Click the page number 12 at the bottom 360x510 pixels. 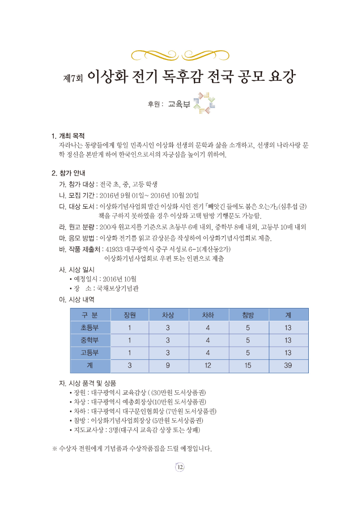click(180, 467)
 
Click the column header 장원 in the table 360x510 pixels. click(129, 315)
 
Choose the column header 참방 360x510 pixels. click(248, 315)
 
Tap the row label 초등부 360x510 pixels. click(90, 327)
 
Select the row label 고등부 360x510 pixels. click(90, 353)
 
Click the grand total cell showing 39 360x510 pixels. click(288, 366)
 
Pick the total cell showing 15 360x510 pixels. click(248, 366)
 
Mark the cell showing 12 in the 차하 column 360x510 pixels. click(208, 366)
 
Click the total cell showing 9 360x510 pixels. click(168, 366)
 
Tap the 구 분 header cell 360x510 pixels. click(90, 315)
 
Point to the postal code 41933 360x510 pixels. click(113, 250)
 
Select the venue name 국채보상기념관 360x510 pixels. click(114, 288)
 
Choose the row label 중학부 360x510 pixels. click(90, 340)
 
